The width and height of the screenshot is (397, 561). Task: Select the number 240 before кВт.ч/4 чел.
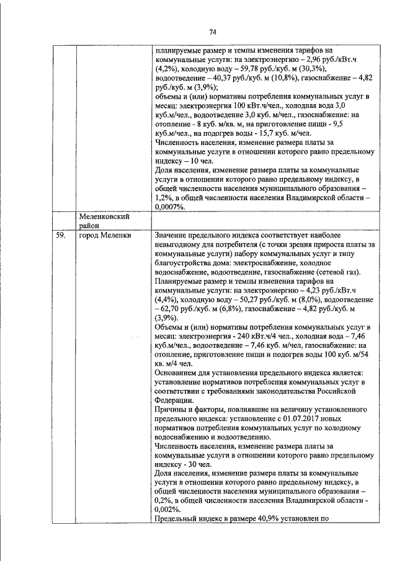(x=228, y=336)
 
